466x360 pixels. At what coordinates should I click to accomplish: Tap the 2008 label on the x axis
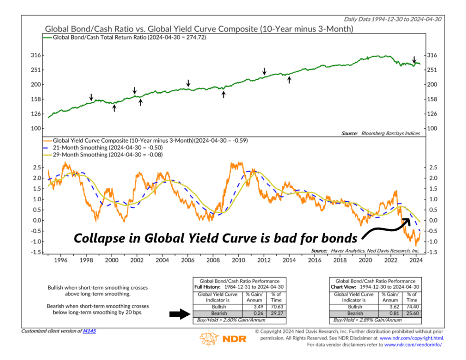point(213,260)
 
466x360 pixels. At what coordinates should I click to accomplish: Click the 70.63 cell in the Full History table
point(276,307)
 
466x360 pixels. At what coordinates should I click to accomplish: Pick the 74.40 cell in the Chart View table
point(411,307)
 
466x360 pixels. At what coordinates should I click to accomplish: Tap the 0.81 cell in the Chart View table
point(389,314)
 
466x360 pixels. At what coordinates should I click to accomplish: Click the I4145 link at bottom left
point(89,331)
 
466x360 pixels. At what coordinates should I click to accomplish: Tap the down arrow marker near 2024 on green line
point(414,58)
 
